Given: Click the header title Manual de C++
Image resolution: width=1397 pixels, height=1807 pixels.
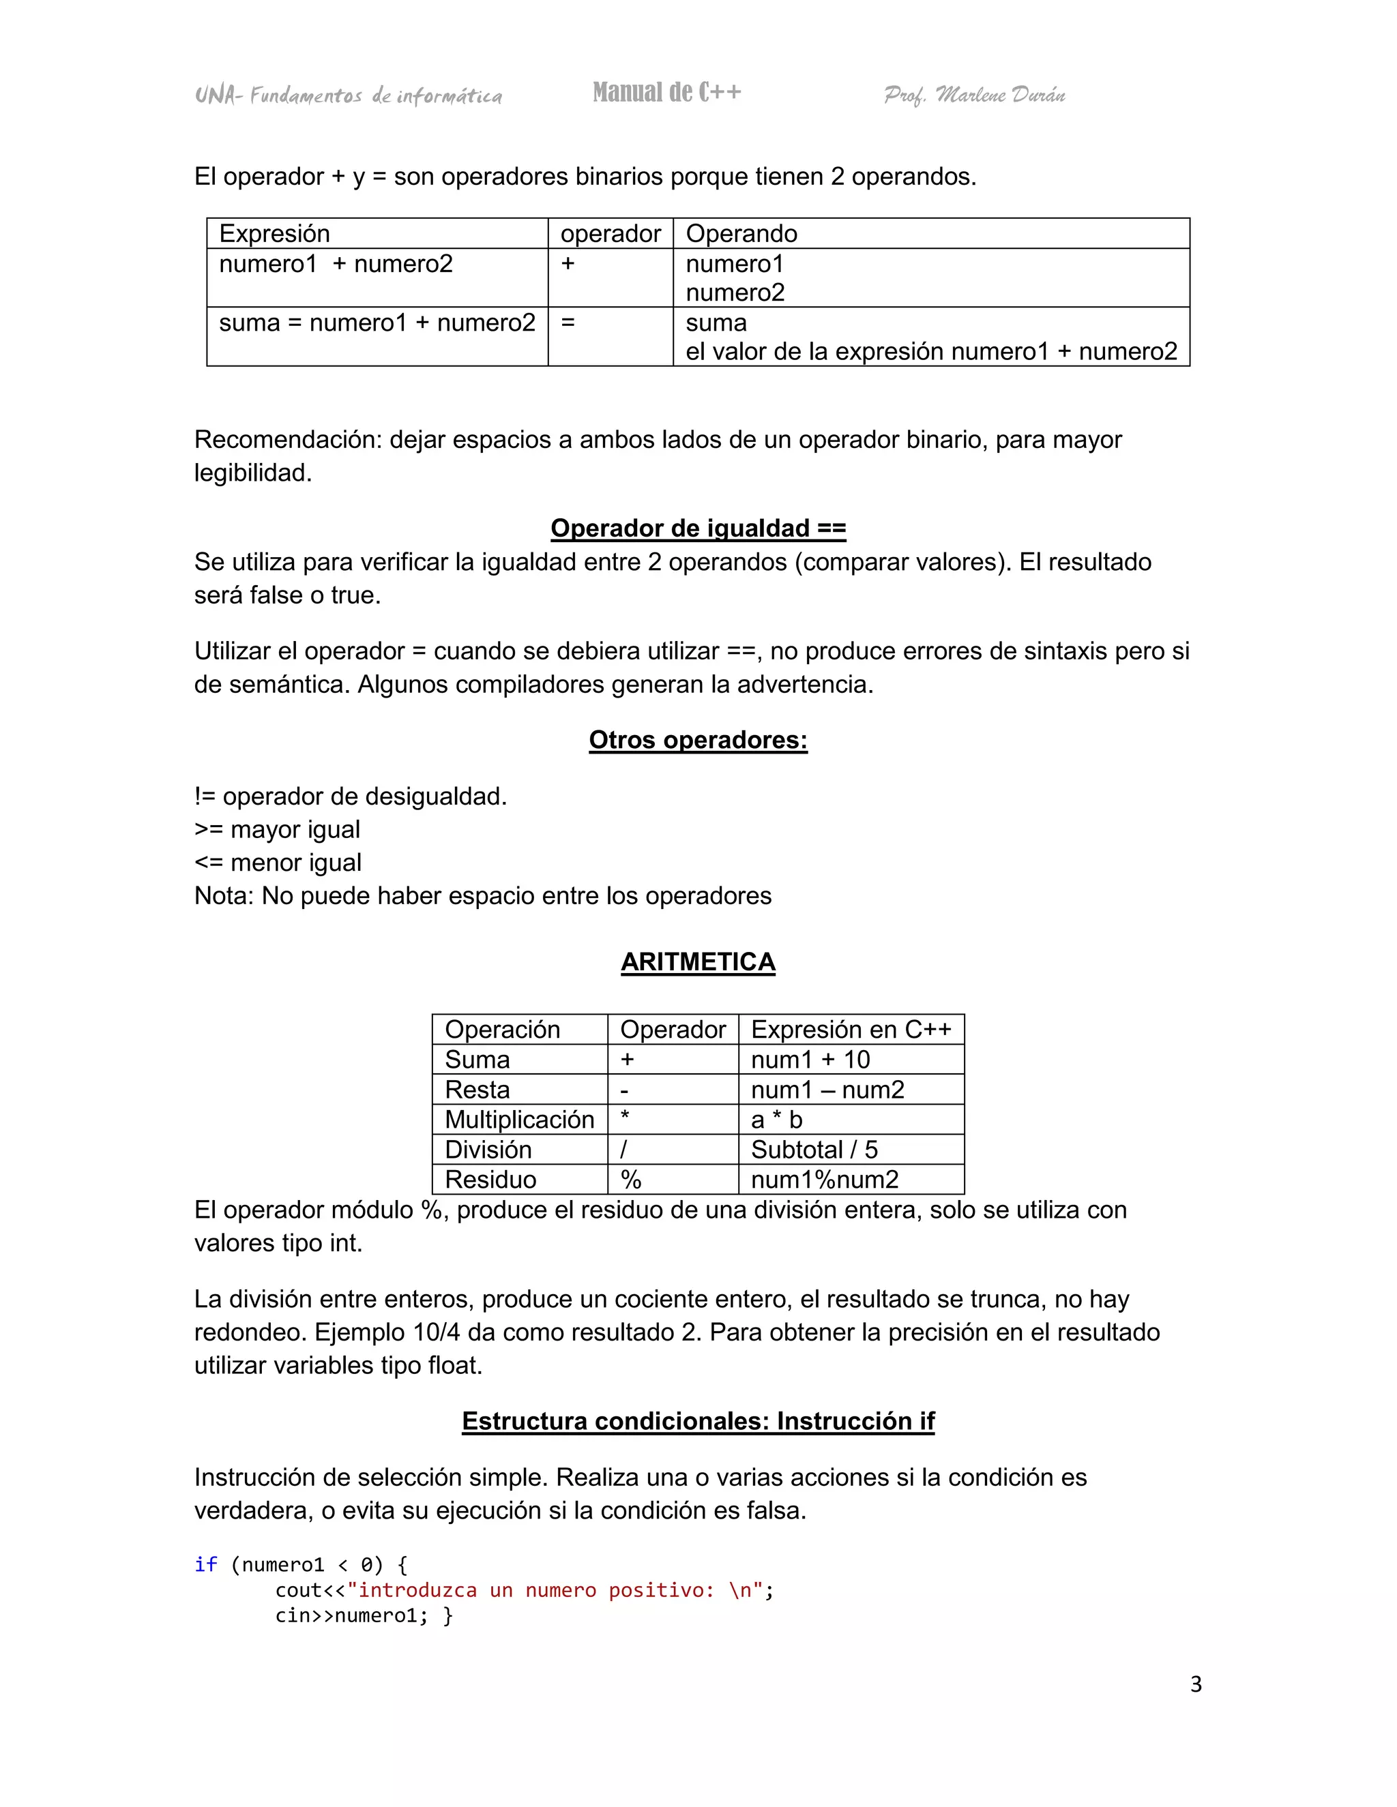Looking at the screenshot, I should pyautogui.click(x=666, y=92).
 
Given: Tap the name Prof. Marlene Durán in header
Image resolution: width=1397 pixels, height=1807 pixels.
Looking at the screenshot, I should pyautogui.click(x=974, y=95).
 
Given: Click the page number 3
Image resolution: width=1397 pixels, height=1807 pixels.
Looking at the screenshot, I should pyautogui.click(x=1195, y=1684).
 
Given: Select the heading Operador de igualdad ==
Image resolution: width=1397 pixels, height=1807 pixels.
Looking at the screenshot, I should pyautogui.click(x=698, y=528).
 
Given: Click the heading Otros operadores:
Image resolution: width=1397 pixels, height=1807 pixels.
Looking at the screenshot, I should pyautogui.click(x=698, y=740).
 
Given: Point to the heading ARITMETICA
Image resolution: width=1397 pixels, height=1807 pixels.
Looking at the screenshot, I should pyautogui.click(x=698, y=961).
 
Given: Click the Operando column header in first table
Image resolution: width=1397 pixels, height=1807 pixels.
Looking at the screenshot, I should pyautogui.click(x=741, y=233).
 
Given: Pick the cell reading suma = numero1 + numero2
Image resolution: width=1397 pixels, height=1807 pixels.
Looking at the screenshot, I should pyautogui.click(x=377, y=323).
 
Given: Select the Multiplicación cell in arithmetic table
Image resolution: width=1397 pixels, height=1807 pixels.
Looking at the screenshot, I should pyautogui.click(x=519, y=1120).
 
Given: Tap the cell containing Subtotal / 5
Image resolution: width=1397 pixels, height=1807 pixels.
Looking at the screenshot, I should pyautogui.click(x=814, y=1149).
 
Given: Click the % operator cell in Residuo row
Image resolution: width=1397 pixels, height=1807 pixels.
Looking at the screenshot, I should pyautogui.click(x=631, y=1179).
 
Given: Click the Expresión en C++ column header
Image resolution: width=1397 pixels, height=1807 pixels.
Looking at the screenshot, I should pyautogui.click(x=851, y=1029).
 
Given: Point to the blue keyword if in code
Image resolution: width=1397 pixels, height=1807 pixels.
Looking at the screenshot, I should pyautogui.click(x=205, y=1564).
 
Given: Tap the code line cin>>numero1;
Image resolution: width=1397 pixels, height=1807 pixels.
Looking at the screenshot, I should pyautogui.click(x=352, y=1616).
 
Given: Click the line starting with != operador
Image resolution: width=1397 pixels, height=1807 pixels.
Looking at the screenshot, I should pyautogui.click(x=350, y=796).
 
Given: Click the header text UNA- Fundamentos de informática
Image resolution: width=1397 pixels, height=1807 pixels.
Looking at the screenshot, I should pyautogui.click(x=349, y=96).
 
